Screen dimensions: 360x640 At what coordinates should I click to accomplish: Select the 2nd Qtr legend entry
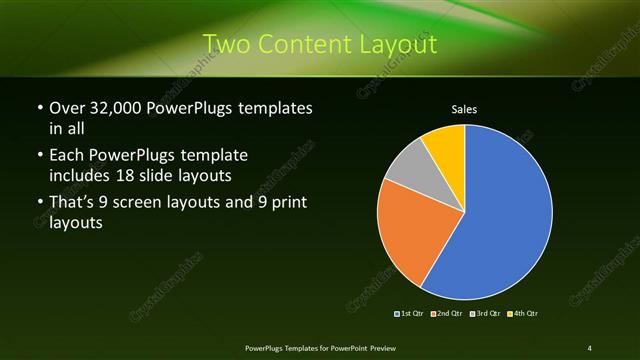point(449,314)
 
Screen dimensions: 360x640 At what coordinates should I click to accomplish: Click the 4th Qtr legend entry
point(524,314)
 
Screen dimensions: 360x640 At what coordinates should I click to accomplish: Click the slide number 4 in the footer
point(590,348)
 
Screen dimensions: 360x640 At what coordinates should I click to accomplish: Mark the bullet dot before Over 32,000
point(39,108)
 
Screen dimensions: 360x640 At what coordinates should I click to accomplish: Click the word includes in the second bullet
point(82,174)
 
